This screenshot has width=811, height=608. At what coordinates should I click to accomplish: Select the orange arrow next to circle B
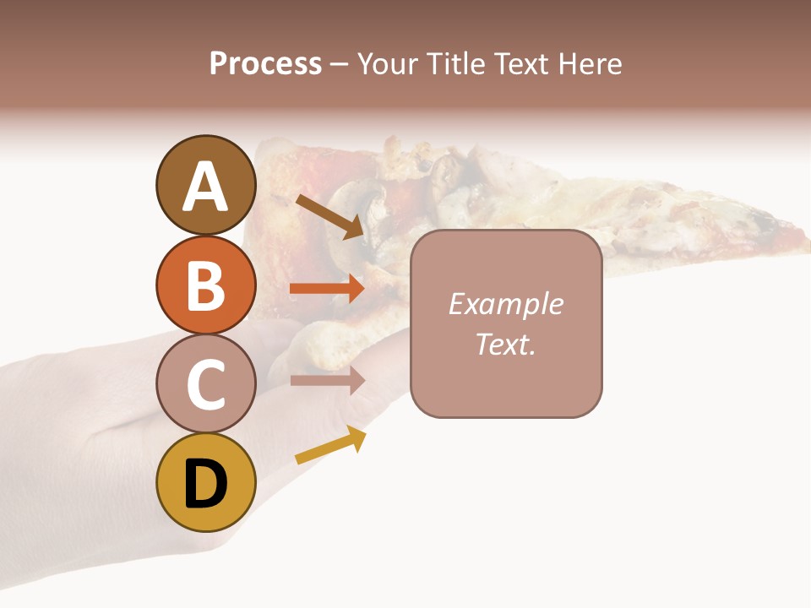point(327,289)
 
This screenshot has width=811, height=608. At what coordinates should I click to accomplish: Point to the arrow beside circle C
point(327,381)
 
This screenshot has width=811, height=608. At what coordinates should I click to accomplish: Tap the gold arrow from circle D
point(330,446)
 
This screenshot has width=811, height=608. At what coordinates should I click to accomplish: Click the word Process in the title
point(265,64)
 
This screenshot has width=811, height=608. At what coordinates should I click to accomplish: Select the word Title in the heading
point(454,64)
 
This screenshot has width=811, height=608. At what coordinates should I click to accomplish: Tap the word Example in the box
point(506,304)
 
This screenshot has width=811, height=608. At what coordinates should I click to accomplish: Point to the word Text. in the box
point(506,344)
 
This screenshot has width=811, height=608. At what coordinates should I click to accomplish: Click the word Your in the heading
point(390,64)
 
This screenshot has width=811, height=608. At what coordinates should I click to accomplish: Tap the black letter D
point(205,484)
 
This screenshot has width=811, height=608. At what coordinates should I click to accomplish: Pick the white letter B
point(205,285)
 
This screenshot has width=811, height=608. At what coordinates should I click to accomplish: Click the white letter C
point(205,385)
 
